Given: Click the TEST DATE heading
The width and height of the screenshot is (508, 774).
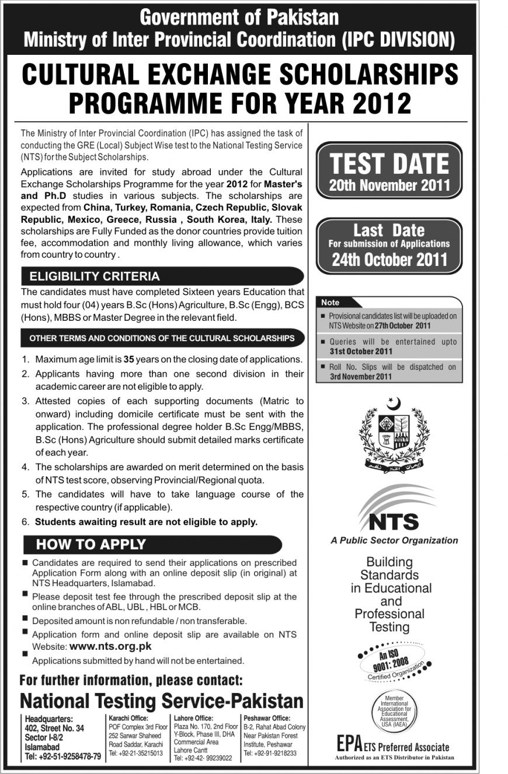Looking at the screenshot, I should pyautogui.click(x=389, y=163).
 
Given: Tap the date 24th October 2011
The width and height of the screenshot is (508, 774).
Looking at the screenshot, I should pyautogui.click(x=389, y=260).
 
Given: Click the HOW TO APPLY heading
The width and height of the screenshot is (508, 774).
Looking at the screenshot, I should pyautogui.click(x=91, y=544).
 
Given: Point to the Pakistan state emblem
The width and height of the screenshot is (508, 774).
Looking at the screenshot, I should pyautogui.click(x=389, y=433).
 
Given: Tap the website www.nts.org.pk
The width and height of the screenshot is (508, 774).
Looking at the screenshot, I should pyautogui.click(x=110, y=646).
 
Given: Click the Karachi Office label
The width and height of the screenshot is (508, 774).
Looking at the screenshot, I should pyautogui.click(x=128, y=718).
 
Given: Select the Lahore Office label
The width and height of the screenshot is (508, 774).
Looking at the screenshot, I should pyautogui.click(x=193, y=718).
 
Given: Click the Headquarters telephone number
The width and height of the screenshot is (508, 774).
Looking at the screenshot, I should pyautogui.click(x=63, y=757).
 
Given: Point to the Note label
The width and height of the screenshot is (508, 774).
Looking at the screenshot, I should pyautogui.click(x=330, y=303).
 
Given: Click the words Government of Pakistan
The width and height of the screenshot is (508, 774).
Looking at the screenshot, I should pyautogui.click(x=239, y=17).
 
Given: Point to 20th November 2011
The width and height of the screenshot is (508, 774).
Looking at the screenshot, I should pyautogui.click(x=389, y=185).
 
